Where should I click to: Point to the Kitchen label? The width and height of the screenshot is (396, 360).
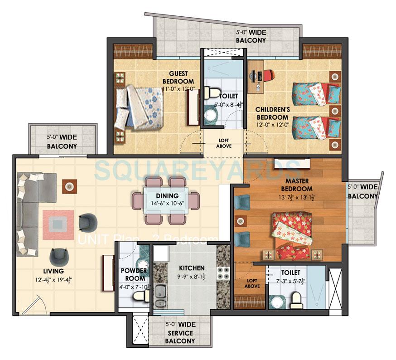point(191,268)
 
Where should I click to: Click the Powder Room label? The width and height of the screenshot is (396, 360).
point(134,274)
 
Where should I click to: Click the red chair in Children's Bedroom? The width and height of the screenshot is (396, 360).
point(270,74)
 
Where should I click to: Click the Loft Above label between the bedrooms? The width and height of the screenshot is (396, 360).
point(223,143)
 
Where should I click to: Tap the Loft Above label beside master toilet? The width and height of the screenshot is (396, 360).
point(251,283)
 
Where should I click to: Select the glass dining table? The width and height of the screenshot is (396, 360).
point(165,200)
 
